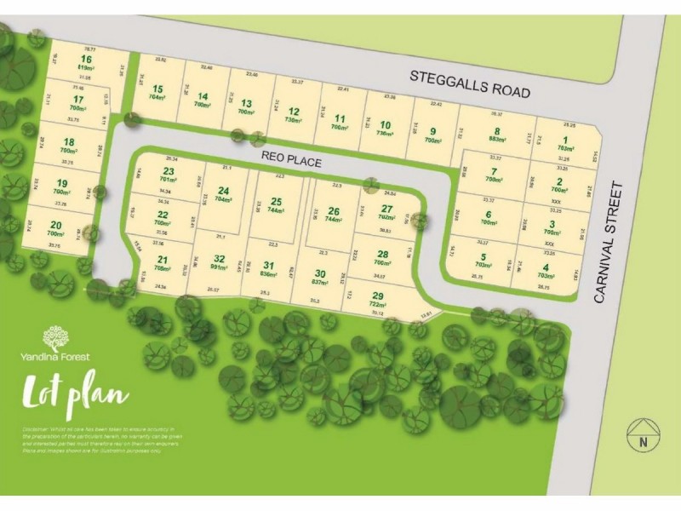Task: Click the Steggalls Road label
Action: click(x=470, y=83)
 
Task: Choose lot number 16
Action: click(x=86, y=59)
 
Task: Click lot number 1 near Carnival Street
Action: click(x=563, y=140)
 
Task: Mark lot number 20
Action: click(x=55, y=224)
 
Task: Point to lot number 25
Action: click(x=276, y=201)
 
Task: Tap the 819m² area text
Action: click(x=86, y=67)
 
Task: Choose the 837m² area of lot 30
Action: click(x=320, y=282)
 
